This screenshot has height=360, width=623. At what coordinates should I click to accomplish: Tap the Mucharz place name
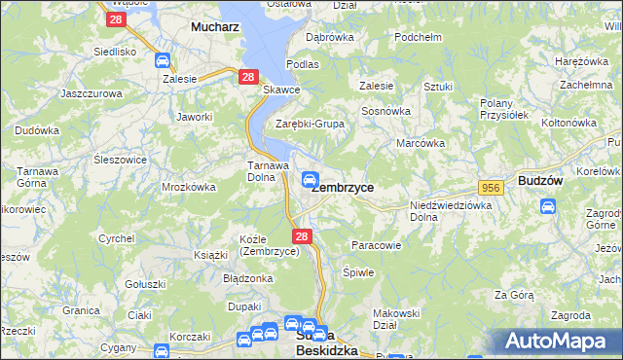pyautogui.click(x=215, y=27)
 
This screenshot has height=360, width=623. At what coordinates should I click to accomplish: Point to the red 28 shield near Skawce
pyautogui.click(x=248, y=77)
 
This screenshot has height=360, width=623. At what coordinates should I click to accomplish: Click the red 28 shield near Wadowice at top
pyautogui.click(x=117, y=18)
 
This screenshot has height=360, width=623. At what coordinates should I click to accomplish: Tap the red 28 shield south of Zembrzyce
pyautogui.click(x=301, y=236)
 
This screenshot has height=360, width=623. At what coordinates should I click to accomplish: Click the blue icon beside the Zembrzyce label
pyautogui.click(x=309, y=178)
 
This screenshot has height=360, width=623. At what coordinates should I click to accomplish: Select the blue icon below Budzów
pyautogui.click(x=548, y=206)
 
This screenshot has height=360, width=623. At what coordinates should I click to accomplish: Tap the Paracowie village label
pyautogui.click(x=376, y=245)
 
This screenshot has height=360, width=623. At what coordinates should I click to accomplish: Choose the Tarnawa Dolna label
pyautogui.click(x=264, y=171)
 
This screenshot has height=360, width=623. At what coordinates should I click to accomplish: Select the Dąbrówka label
pyautogui.click(x=329, y=37)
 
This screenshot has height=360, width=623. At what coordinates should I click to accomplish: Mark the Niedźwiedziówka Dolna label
pyautogui.click(x=450, y=210)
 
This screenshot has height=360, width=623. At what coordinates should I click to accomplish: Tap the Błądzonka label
pyautogui.click(x=248, y=277)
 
